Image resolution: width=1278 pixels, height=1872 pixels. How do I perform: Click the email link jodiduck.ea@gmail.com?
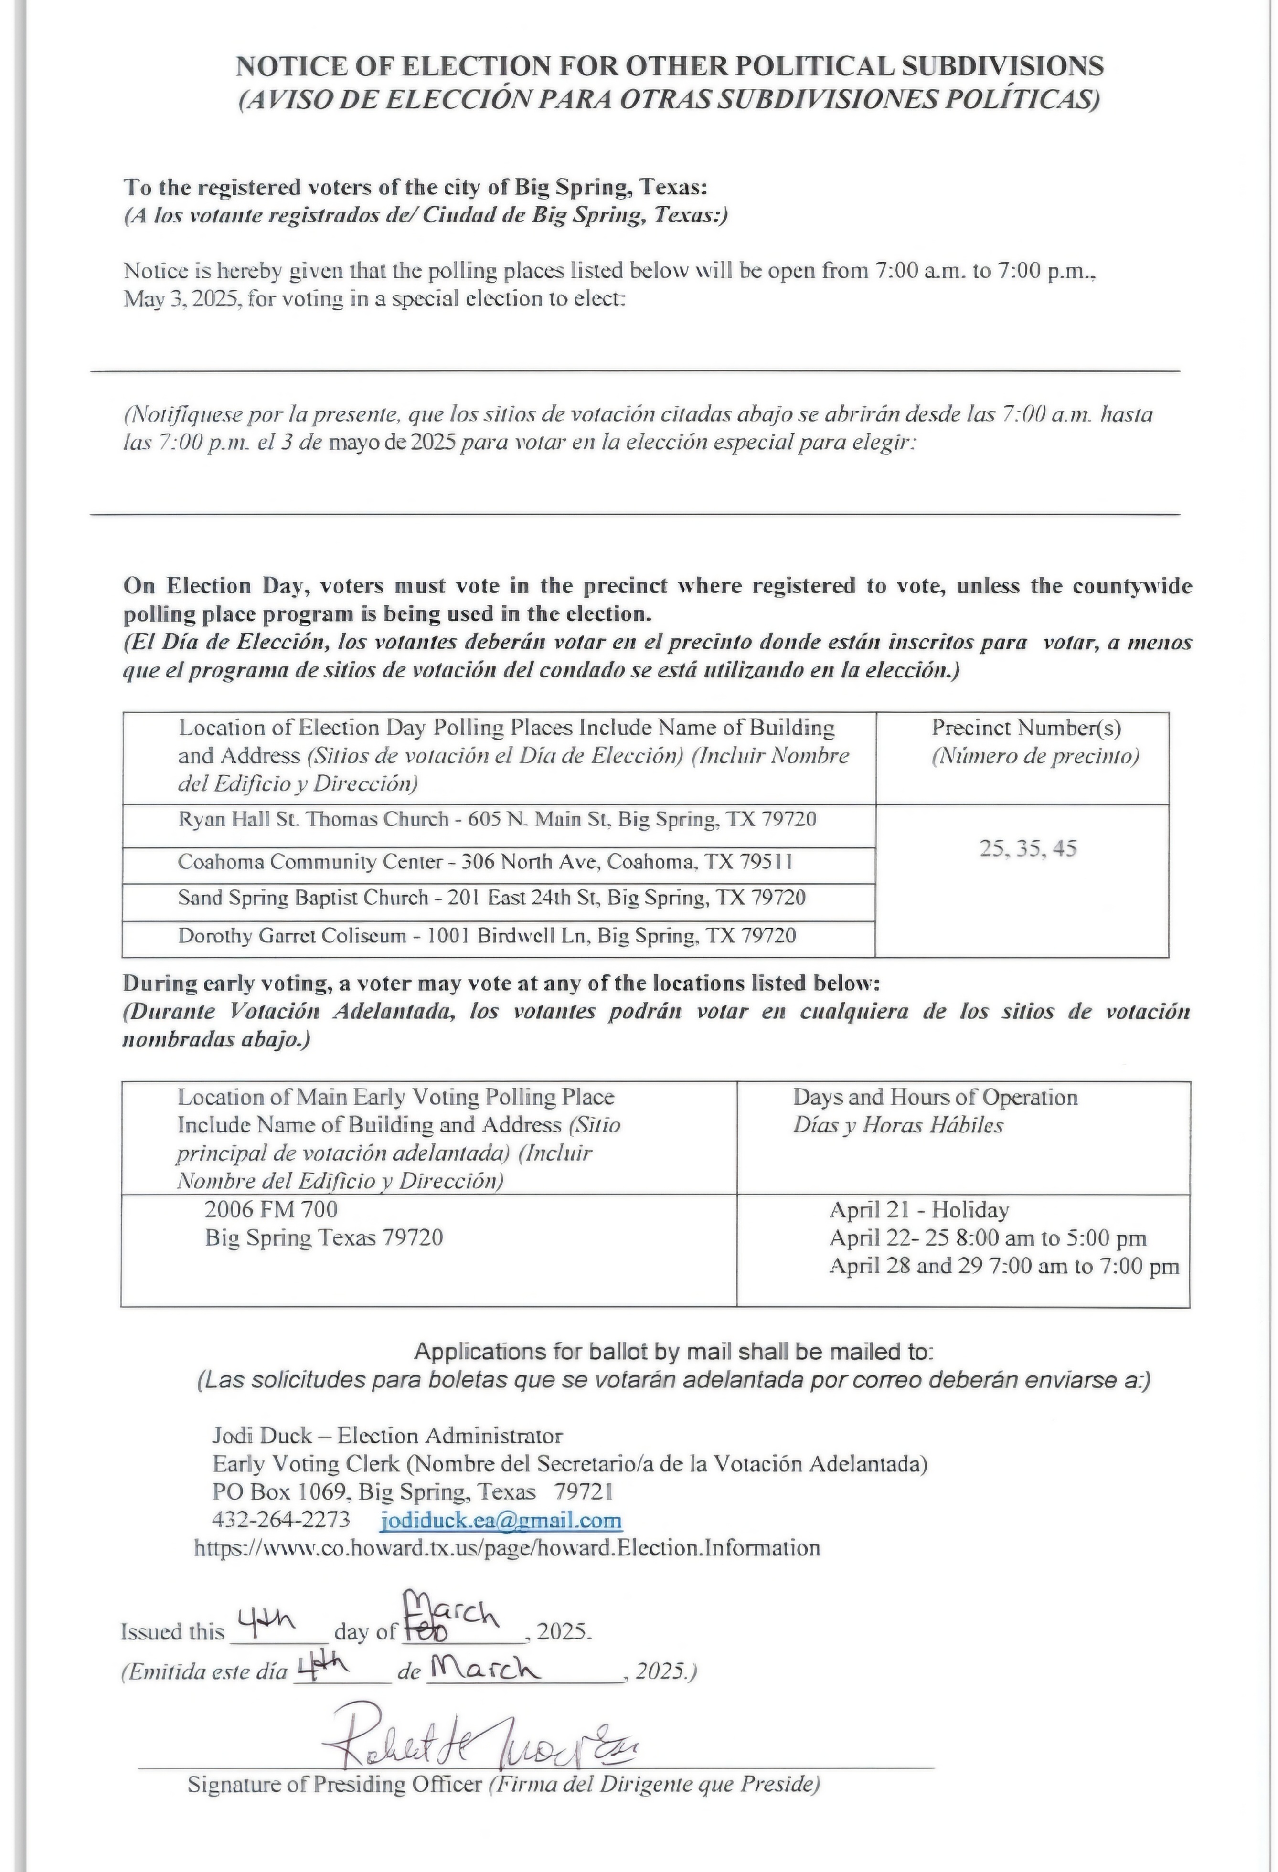click(x=501, y=1520)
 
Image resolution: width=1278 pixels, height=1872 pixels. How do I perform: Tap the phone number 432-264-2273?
click(x=280, y=1519)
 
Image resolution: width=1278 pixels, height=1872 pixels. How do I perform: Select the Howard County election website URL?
click(x=507, y=1548)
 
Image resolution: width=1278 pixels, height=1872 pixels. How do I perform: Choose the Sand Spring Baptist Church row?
click(x=491, y=898)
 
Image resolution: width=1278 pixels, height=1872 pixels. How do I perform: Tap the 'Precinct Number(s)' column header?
click(x=1026, y=728)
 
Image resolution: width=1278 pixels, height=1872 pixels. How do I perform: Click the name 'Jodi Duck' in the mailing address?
click(x=262, y=1436)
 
